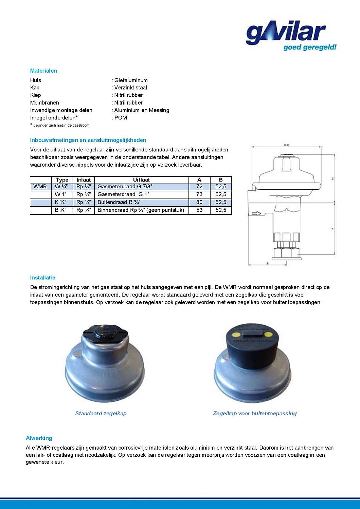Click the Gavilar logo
click(290, 36)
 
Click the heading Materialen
click(43, 71)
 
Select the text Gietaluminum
click(131, 80)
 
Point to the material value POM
click(121, 118)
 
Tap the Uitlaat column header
click(141, 180)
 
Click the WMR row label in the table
click(40, 187)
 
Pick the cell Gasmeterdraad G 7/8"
click(125, 187)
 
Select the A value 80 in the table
click(199, 202)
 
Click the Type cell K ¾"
click(61, 202)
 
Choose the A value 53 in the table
click(199, 210)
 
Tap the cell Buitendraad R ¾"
click(119, 202)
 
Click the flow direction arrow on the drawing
click(256, 213)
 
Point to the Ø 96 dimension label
click(286, 145)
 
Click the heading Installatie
click(42, 278)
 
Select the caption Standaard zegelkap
click(101, 413)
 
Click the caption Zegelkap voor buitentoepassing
click(255, 413)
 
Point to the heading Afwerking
click(39, 438)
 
